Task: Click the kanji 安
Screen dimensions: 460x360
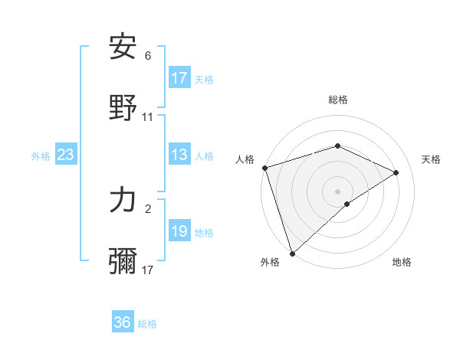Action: tap(123, 47)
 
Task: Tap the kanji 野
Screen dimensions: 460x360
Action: tap(123, 108)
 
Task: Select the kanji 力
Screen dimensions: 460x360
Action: tap(123, 200)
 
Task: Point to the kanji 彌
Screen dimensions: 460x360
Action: tap(123, 261)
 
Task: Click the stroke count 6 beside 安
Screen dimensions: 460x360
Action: tap(148, 56)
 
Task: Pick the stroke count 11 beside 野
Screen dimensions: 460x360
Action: tap(148, 117)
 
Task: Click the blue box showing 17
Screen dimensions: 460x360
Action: tap(179, 78)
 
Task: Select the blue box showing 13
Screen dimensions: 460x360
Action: tap(179, 155)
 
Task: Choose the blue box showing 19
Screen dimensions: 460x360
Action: tap(179, 231)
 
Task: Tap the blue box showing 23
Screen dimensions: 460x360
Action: tap(66, 155)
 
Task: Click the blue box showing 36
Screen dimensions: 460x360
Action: tap(123, 322)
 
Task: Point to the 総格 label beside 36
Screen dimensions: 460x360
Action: tap(147, 324)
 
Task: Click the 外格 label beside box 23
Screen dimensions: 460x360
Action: tap(41, 156)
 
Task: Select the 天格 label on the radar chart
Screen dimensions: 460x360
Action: tap(431, 159)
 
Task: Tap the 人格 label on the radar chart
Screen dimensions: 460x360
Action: tap(245, 159)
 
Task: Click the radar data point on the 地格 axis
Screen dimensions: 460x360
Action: tap(347, 204)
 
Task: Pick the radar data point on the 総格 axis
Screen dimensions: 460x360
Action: tap(337, 146)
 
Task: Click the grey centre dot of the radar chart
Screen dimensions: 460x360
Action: tap(337, 191)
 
